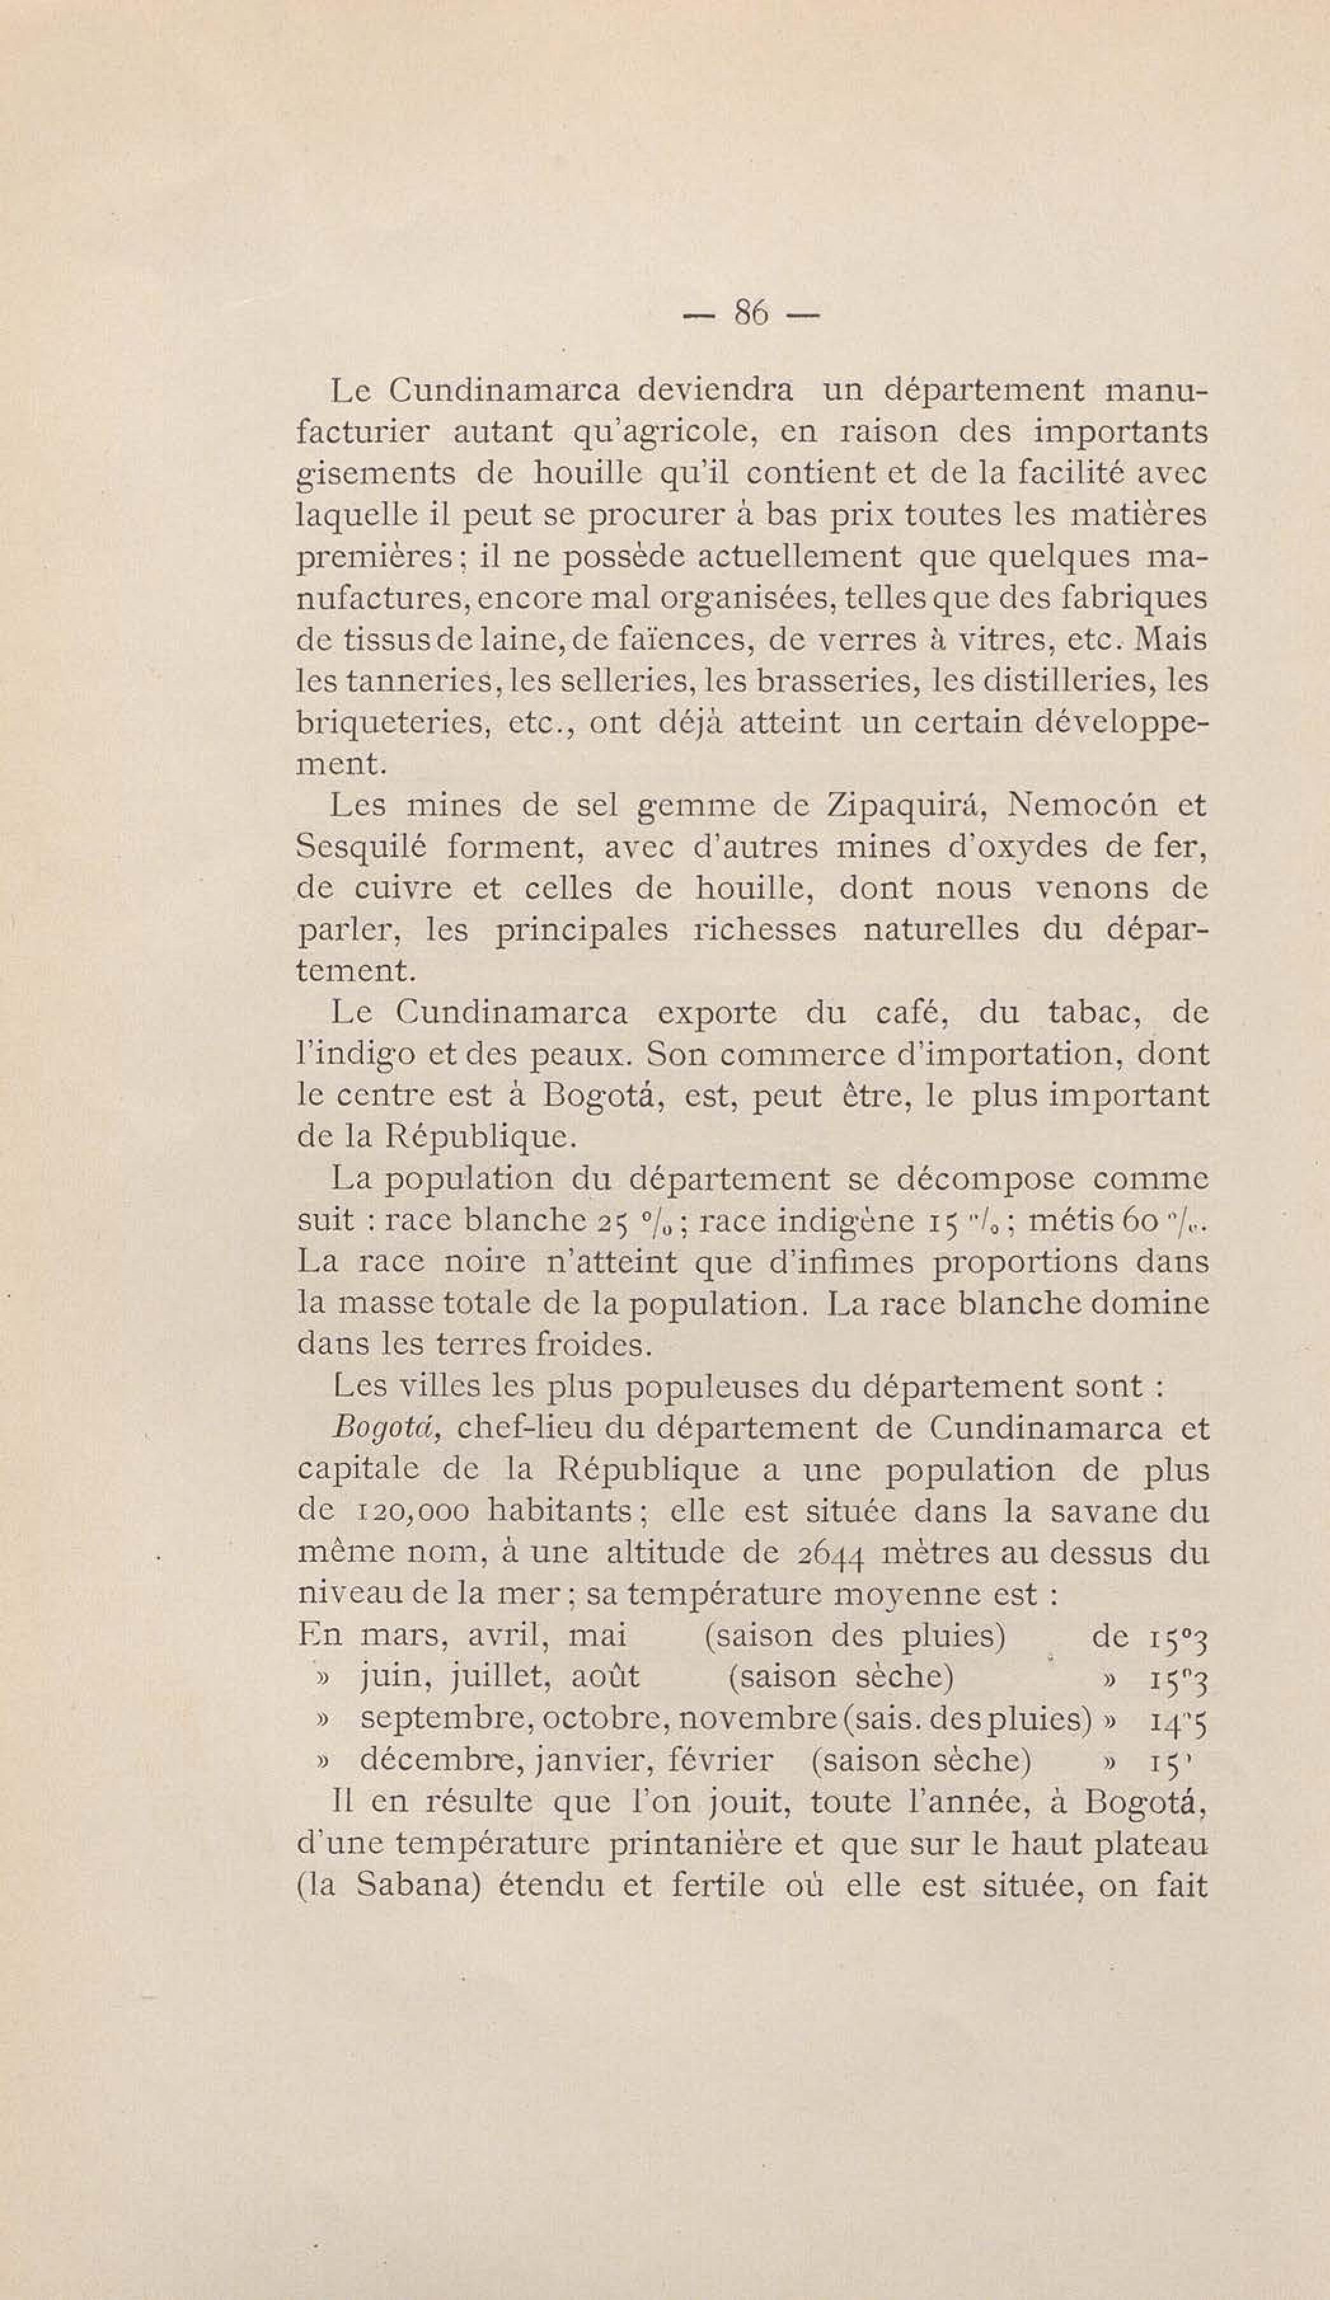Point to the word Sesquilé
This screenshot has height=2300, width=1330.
(363, 848)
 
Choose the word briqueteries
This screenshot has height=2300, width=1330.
(388, 723)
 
